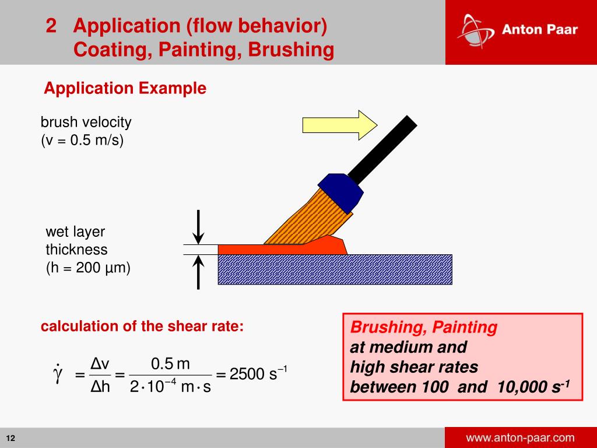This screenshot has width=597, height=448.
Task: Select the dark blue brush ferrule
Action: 340,192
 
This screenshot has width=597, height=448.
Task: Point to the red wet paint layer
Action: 280,249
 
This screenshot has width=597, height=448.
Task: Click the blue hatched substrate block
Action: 335,269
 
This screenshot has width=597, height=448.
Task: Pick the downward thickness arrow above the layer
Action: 199,228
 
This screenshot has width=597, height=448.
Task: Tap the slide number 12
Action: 10,439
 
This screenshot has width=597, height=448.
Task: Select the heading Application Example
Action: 125,89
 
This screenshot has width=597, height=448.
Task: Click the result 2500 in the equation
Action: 247,374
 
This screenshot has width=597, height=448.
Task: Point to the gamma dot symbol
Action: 57,373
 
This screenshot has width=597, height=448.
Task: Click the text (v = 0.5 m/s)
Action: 82,141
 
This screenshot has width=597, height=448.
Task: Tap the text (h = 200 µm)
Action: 88,268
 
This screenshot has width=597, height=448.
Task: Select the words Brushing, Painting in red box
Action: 424,328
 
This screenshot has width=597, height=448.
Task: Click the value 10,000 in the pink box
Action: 522,387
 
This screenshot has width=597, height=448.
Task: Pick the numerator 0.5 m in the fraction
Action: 170,364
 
